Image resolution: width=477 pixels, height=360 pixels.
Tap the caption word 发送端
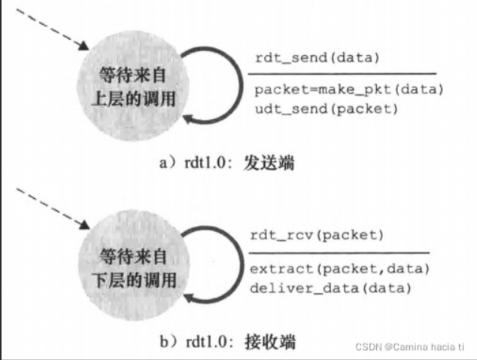click(x=270, y=162)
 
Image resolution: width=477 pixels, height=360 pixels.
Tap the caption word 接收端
click(x=270, y=343)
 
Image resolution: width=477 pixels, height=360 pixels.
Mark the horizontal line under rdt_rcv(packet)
click(x=339, y=252)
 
